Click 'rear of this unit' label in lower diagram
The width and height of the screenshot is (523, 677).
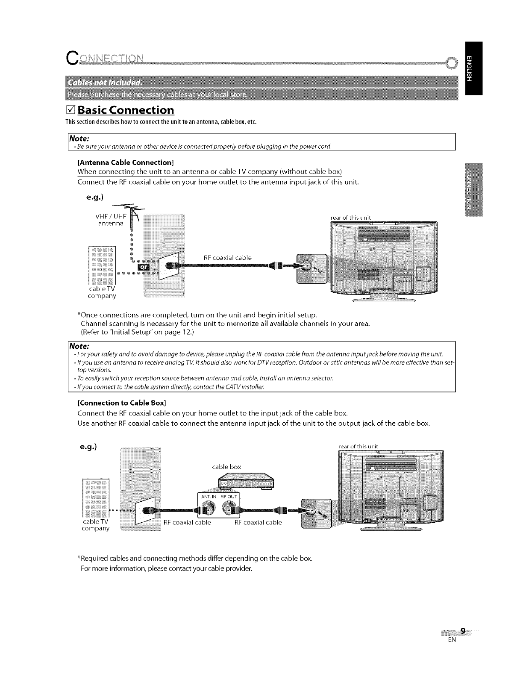pos(358,447)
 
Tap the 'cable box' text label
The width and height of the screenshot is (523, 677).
pos(226,467)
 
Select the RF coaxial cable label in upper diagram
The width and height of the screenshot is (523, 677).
pos(227,258)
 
